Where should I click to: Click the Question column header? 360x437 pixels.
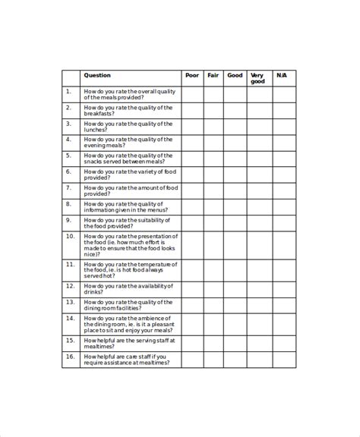coord(97,75)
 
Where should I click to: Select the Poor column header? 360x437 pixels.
coord(191,75)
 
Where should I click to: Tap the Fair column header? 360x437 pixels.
coord(213,75)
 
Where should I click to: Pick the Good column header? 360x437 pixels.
coord(235,75)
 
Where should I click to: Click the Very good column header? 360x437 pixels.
coord(258,78)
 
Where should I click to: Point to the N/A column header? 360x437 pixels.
coord(283,75)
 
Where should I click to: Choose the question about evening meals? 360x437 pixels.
coord(129,143)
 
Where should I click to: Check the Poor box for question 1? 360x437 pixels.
coord(192,94)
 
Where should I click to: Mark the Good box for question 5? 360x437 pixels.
coord(235,159)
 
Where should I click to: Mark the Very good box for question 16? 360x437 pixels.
coord(259,360)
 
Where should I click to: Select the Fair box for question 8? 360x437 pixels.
coord(213,207)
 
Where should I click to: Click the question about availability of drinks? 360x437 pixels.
coord(129,288)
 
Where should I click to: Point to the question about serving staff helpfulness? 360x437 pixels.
coord(129,343)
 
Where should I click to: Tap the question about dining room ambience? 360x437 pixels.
coord(129,324)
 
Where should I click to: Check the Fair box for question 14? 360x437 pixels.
coord(213,324)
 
